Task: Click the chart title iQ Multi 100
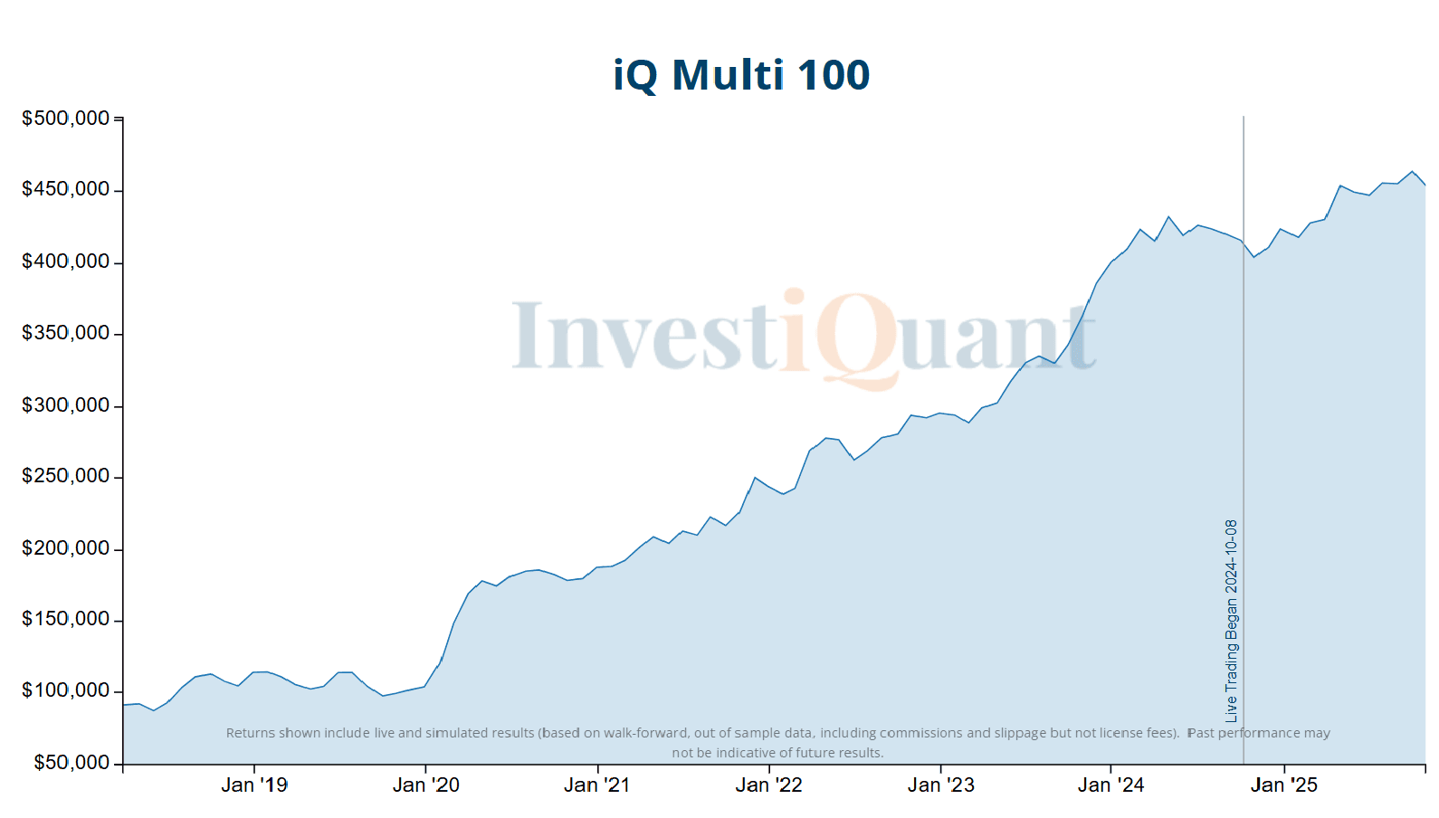click(741, 75)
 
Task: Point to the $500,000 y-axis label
click(65, 119)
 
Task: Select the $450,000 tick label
click(65, 189)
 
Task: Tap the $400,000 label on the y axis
click(65, 262)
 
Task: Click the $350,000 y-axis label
click(65, 333)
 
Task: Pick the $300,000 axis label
click(65, 405)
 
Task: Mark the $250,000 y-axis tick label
click(65, 476)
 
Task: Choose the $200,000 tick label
click(65, 548)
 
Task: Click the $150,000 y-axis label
click(65, 619)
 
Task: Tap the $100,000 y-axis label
click(65, 690)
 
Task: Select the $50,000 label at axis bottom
click(71, 763)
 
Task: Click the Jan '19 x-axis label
click(254, 785)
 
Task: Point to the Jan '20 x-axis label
click(425, 785)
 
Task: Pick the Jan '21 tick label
click(596, 785)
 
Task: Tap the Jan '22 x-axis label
click(768, 785)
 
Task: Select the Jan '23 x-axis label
click(940, 785)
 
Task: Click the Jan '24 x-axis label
click(1110, 785)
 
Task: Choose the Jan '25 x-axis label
click(1283, 785)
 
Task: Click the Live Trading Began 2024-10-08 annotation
click(1231, 621)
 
